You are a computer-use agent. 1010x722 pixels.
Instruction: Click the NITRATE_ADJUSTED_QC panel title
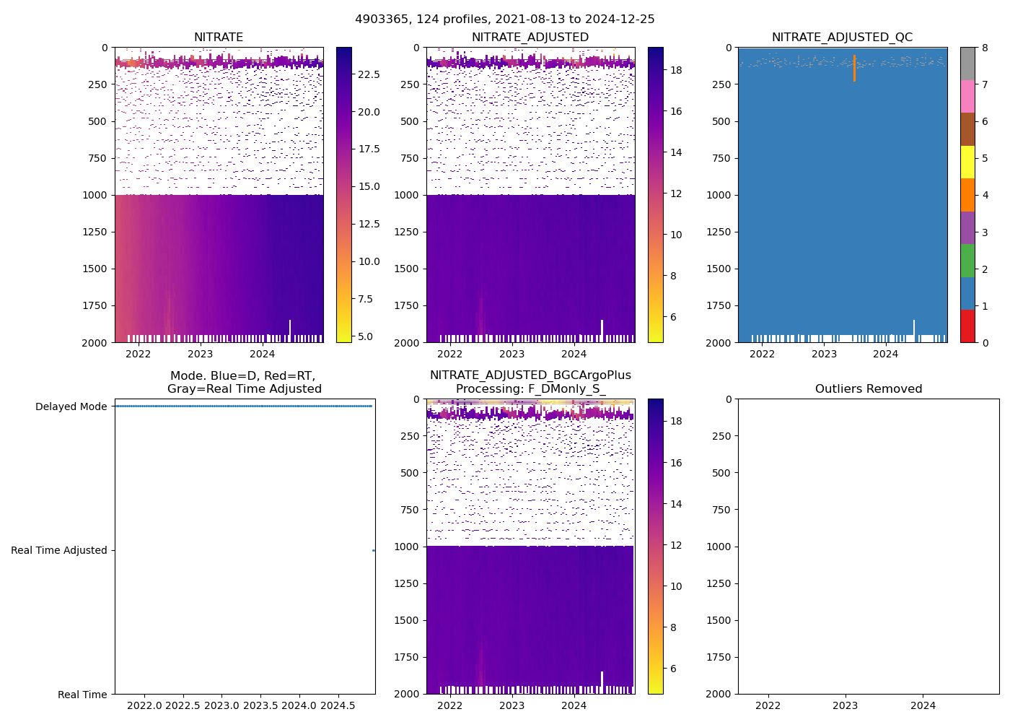click(842, 38)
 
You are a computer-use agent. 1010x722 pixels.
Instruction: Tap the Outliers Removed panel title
click(869, 389)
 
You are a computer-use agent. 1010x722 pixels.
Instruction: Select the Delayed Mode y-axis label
click(71, 406)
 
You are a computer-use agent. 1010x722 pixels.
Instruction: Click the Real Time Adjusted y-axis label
click(59, 550)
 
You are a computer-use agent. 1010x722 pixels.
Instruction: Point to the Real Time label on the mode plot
click(82, 695)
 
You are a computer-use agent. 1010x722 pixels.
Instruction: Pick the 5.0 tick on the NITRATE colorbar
click(365, 336)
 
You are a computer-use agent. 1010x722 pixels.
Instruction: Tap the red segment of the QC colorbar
click(967, 326)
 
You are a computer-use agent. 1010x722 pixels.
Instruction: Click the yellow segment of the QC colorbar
click(967, 162)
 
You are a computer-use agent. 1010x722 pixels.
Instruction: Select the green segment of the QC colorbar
click(967, 260)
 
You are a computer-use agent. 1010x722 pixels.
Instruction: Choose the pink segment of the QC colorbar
click(967, 96)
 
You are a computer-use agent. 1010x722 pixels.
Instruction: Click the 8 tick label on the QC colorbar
click(985, 48)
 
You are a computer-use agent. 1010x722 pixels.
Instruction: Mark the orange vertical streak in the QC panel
click(854, 69)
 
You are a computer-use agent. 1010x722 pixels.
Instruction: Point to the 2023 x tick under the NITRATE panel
click(201, 354)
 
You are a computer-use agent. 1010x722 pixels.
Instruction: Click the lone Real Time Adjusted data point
click(373, 550)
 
